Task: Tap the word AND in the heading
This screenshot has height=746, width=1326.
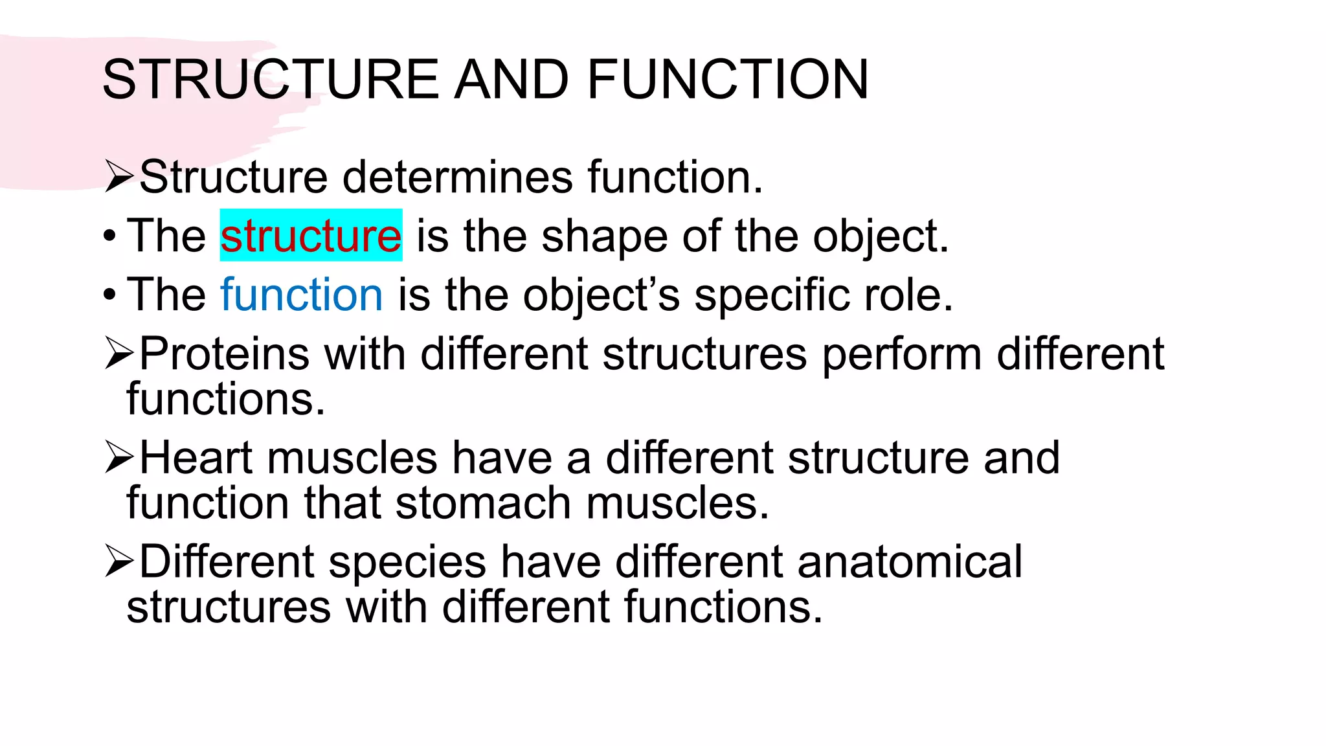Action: pyautogui.click(x=511, y=79)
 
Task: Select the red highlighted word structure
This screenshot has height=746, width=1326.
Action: pyautogui.click(x=311, y=236)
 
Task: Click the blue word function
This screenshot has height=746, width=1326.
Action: pyautogui.click(x=302, y=295)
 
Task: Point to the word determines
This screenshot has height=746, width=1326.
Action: pyautogui.click(x=457, y=177)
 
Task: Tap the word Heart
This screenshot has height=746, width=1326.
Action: pyautogui.click(x=195, y=458)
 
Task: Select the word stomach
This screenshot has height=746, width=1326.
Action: pyautogui.click(x=483, y=503)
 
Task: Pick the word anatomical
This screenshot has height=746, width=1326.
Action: pyautogui.click(x=910, y=561)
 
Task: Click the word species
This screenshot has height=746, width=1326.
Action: pyautogui.click(x=407, y=562)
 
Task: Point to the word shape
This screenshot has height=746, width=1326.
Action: pyautogui.click(x=605, y=236)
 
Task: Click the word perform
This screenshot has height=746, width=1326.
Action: pyautogui.click(x=902, y=355)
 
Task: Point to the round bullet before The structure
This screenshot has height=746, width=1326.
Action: pyautogui.click(x=109, y=236)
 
